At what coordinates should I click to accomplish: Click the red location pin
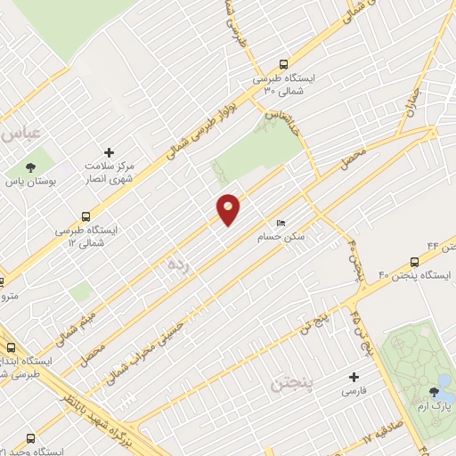click(x=228, y=209)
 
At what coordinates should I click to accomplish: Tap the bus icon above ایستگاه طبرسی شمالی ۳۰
click(x=283, y=64)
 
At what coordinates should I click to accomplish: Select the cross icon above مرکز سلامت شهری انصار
click(x=110, y=153)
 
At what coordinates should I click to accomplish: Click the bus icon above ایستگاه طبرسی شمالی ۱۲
click(x=85, y=216)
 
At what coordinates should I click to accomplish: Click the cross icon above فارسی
click(x=353, y=377)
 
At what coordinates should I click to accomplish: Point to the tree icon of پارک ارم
click(x=435, y=391)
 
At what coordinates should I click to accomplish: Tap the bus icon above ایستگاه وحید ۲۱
click(x=31, y=439)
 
